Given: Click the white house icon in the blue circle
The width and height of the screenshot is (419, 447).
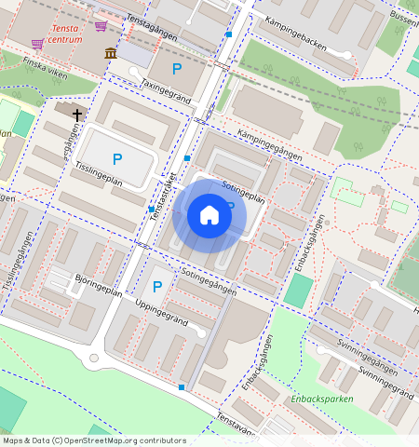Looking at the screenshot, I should click(209, 215).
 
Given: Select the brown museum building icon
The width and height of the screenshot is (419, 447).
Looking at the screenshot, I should click(111, 53).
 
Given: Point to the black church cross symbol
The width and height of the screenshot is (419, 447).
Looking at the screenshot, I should click(76, 113).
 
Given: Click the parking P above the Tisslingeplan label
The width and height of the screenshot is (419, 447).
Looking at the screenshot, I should click(117, 160).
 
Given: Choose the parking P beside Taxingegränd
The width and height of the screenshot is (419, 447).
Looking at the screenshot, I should click(176, 68).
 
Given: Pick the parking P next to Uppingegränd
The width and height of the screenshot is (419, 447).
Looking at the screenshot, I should click(157, 287).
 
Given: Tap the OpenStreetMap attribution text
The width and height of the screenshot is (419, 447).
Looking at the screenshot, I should click(93, 440).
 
